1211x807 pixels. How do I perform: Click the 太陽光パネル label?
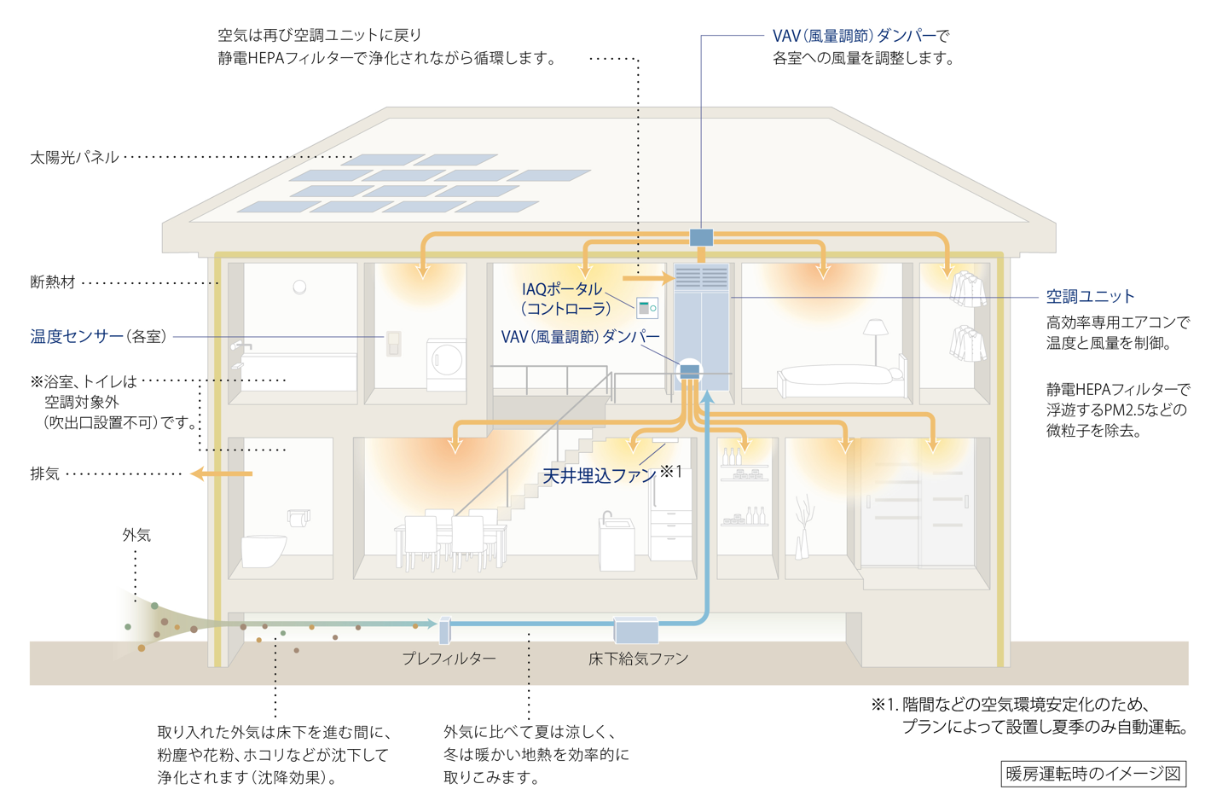coord(74,158)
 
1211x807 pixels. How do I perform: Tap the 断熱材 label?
coord(52,282)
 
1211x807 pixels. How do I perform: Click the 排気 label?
coord(44,473)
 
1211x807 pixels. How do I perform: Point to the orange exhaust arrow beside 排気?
coord(222,473)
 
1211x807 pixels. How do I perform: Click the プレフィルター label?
coord(449,659)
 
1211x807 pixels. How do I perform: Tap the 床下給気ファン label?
coord(638,659)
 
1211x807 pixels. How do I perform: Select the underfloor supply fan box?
coord(636,630)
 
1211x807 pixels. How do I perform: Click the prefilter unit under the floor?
coord(444,630)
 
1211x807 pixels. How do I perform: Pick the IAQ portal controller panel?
coord(646,308)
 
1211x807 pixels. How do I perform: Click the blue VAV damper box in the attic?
coord(701,237)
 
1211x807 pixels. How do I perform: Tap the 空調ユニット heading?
coord(1090,296)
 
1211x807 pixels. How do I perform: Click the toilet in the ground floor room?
coord(264,550)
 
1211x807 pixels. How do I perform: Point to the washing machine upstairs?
coord(446,364)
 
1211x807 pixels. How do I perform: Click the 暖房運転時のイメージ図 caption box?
coord(1093,774)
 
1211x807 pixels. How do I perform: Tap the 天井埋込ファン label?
coord(599,475)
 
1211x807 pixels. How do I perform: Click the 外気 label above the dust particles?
coord(136,535)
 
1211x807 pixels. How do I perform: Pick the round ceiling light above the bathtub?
coord(299,287)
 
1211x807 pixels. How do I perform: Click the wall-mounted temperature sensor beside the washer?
coord(393,343)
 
